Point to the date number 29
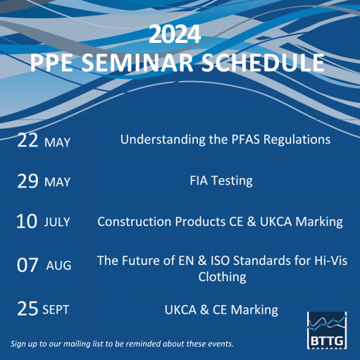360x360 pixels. coord(27,181)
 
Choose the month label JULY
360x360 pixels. coord(57,223)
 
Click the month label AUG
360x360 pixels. coord(58,266)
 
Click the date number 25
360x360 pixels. coord(27,309)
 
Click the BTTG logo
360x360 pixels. coord(328,328)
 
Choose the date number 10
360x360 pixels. coord(27,222)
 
